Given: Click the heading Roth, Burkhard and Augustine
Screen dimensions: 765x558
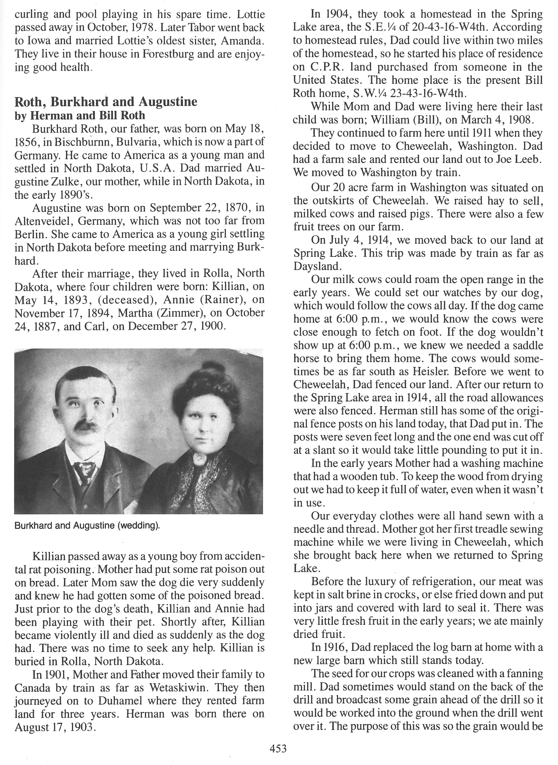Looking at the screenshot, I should [106, 102].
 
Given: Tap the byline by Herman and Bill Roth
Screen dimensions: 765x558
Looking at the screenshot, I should [80, 116].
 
